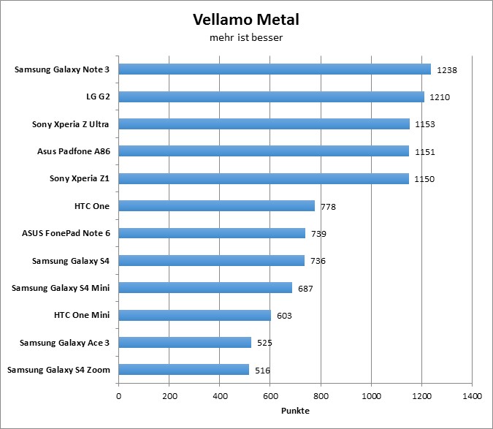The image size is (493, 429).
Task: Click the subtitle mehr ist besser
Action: pos(246,37)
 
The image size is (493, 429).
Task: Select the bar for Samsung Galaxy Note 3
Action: pos(275,69)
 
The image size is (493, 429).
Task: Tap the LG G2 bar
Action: pos(271,96)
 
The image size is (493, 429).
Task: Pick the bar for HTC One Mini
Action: pos(194,315)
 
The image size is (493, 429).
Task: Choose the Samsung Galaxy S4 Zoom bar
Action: pos(183,370)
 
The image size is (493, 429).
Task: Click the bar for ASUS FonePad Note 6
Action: pos(212,233)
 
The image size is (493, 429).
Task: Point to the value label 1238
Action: pos(446,70)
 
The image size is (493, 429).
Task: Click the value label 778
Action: pos(328,207)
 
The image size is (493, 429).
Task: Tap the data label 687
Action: pos(305,289)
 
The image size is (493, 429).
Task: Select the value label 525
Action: pos(264,343)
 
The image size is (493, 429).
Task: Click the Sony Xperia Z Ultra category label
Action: pos(70,124)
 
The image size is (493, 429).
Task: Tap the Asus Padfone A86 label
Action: pos(73,151)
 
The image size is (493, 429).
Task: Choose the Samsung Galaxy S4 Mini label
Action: pos(61,288)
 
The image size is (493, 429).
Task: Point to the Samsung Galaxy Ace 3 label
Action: pos(64,343)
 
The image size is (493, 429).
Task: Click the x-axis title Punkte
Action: pos(295,411)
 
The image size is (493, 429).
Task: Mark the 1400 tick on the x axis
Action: pos(472,397)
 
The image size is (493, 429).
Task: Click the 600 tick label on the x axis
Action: pos(270,397)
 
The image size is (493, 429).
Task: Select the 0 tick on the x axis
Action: pos(118,397)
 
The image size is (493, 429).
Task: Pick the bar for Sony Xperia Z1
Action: pos(264,178)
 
